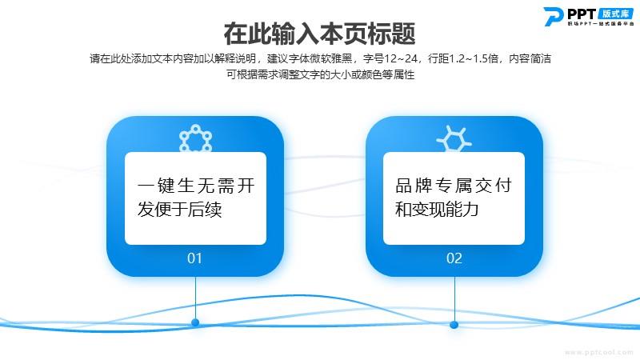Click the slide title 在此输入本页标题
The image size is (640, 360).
point(319,34)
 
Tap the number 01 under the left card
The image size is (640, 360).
point(194,258)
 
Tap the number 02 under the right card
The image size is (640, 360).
point(454,258)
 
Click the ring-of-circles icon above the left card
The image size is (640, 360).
point(196,138)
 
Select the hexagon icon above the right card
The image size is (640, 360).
point(454,138)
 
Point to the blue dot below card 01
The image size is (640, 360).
point(195,322)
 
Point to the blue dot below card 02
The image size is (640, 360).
point(454,325)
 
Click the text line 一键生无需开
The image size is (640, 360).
point(196,186)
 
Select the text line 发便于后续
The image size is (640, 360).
point(179,210)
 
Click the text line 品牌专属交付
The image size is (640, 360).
point(454,186)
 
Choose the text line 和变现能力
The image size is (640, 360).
point(437,209)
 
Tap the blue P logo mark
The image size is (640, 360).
point(554,16)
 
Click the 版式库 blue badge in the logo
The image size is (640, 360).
point(615,14)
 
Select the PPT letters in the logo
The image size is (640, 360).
point(582,14)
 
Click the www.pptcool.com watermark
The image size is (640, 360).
point(598,352)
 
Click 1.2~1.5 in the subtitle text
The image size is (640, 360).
point(474,58)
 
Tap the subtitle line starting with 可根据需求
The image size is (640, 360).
point(321,74)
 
